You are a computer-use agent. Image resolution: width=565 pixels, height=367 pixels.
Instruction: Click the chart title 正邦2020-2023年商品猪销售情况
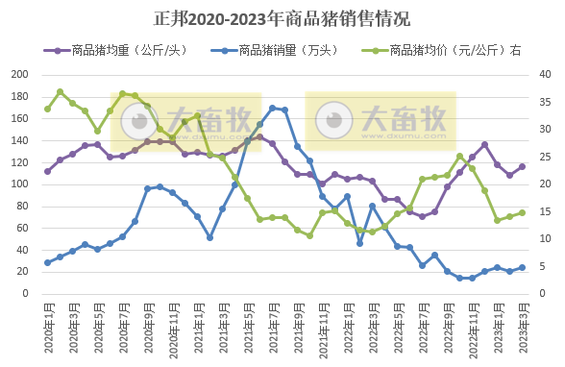click(x=282, y=18)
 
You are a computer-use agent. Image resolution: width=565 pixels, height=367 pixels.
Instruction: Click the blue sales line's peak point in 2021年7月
click(x=273, y=108)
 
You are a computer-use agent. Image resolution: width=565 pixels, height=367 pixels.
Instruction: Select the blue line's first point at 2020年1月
click(x=47, y=262)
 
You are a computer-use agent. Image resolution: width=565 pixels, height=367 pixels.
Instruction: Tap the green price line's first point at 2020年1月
click(x=47, y=109)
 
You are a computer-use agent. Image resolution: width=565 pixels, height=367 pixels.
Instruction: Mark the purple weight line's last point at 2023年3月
click(x=523, y=166)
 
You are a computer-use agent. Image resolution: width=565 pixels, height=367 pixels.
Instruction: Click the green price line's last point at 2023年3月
click(x=523, y=212)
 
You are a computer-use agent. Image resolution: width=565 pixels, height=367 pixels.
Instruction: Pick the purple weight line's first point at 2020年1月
click(x=47, y=171)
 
